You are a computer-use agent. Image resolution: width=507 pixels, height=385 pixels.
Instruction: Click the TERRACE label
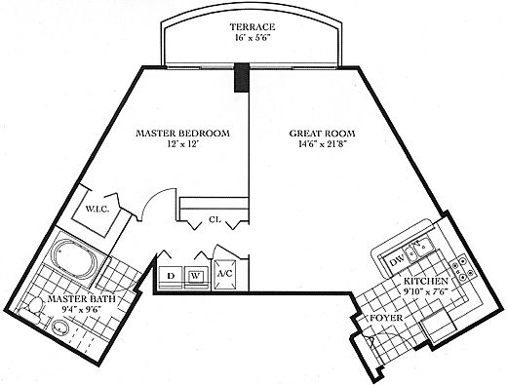pos(253,26)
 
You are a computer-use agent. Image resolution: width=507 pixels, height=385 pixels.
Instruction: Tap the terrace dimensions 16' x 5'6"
pos(253,38)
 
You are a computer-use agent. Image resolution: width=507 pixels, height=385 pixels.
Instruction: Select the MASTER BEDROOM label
pos(182,134)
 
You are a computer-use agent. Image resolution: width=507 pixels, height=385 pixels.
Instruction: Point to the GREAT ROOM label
pos(322,134)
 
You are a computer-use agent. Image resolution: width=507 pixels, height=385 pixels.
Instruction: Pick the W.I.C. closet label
pos(97,209)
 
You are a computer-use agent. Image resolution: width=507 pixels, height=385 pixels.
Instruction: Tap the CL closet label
pos(215,219)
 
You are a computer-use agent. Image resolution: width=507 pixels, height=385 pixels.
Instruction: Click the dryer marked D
pos(171,276)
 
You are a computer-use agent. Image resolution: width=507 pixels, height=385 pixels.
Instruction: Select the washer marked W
pos(195,276)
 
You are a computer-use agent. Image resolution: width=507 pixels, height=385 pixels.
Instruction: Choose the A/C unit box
pos(225,274)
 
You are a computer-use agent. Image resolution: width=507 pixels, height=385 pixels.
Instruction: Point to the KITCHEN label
pos(426,282)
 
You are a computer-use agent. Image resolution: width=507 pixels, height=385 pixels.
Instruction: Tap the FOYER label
pos(386,318)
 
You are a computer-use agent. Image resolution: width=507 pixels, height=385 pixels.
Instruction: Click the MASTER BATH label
pos(81,299)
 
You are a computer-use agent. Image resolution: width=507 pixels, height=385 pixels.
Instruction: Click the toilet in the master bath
pos(31,309)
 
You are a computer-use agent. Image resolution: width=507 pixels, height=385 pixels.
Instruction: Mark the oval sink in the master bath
pos(59,327)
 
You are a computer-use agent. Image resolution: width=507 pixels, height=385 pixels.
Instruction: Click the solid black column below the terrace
pos(242,77)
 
